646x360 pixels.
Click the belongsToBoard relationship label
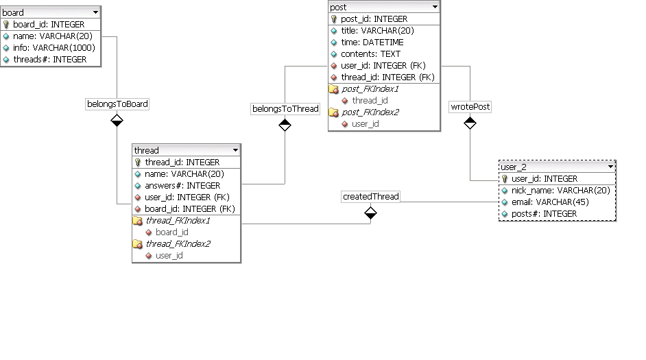point(117,104)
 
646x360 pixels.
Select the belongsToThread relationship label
point(285,108)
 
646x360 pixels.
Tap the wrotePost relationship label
point(470,107)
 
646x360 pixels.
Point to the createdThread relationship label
point(370,197)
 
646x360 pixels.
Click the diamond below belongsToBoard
point(117,121)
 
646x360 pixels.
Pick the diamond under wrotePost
point(470,123)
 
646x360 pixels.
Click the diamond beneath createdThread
point(370,213)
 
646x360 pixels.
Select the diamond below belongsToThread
point(285,125)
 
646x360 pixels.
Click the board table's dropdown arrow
point(95,12)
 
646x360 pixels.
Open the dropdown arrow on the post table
point(434,7)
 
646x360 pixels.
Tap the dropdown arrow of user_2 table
point(610,167)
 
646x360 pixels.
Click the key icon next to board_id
point(6,25)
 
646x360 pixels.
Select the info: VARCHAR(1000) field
point(53,48)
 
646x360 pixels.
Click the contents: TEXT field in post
point(370,54)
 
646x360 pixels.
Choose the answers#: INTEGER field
point(182,186)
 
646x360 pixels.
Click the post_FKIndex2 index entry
point(370,112)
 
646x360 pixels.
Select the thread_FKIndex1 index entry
point(178,221)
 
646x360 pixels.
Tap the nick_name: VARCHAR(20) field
point(560,191)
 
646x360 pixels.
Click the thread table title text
point(147,151)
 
